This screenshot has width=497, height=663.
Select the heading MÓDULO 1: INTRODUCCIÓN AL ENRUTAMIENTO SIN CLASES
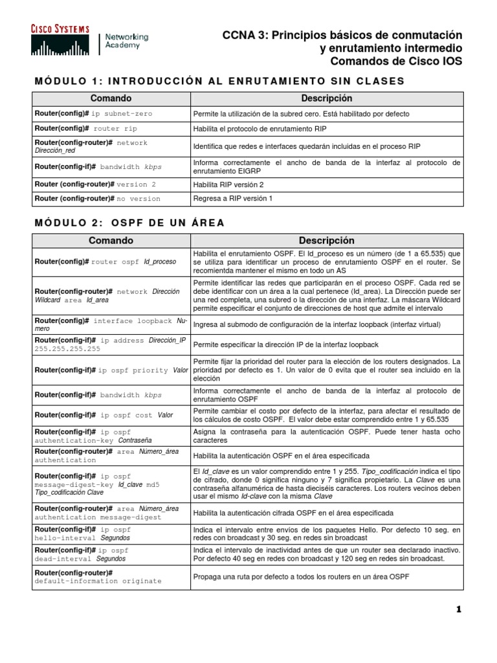click(x=219, y=81)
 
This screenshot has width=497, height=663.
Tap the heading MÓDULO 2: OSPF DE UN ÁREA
click(x=129, y=223)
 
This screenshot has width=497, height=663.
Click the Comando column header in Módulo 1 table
click(x=111, y=98)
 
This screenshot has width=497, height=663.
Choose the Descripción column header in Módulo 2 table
click(x=326, y=240)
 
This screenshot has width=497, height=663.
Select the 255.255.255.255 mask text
click(x=67, y=348)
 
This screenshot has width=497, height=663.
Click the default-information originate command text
click(x=98, y=581)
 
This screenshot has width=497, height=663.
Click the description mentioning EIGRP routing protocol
click(x=327, y=166)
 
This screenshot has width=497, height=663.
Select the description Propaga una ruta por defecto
click(x=300, y=577)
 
